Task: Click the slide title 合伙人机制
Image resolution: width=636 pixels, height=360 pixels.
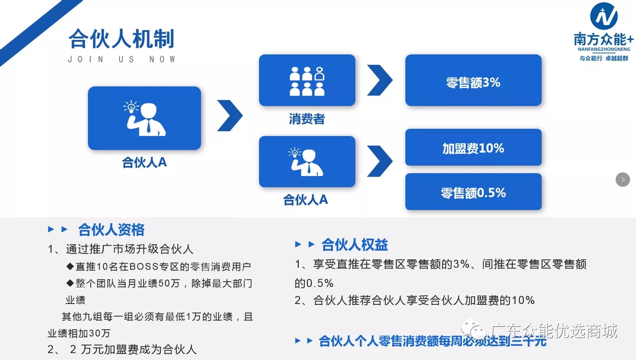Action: point(121,39)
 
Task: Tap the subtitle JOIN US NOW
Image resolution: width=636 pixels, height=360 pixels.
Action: point(121,59)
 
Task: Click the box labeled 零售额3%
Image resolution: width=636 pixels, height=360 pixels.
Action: point(473,83)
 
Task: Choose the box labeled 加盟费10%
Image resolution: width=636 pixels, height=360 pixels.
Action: point(473,148)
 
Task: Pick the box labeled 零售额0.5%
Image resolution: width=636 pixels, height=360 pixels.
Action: point(473,192)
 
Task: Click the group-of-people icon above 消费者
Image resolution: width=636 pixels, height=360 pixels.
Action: point(307,81)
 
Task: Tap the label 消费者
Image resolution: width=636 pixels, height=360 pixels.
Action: point(307,119)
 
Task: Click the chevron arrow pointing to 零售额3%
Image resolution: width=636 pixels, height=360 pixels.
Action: point(379,81)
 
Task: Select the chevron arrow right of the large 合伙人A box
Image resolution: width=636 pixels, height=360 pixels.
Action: point(229,115)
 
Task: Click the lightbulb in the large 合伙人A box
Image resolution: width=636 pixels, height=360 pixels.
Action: point(130,107)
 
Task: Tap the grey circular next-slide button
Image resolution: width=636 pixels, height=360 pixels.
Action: point(623,180)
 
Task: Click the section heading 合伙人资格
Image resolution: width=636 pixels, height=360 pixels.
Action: point(111,230)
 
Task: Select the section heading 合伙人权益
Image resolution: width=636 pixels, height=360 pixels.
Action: point(355,244)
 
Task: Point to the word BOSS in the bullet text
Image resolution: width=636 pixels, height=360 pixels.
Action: point(141,266)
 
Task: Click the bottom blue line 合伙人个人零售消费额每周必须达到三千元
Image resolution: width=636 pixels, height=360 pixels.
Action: point(432,341)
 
